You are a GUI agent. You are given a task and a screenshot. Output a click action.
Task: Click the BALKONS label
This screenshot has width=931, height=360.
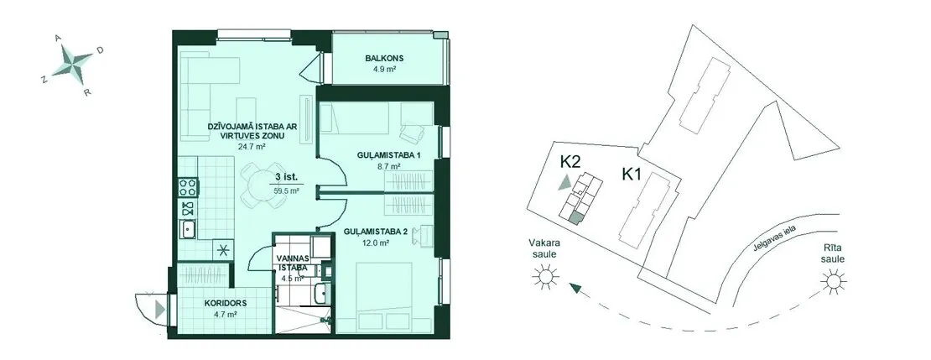point(384,58)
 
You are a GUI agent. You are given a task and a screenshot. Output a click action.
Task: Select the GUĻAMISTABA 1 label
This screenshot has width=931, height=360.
point(381,155)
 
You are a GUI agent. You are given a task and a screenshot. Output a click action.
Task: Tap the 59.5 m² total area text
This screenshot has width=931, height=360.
point(286,191)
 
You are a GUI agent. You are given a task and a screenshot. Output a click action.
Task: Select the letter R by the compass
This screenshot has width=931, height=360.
point(86,92)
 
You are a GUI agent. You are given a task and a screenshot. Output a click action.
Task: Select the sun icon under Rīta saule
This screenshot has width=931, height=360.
point(833,281)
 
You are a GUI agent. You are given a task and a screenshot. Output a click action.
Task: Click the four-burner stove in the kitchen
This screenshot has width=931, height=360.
point(188,187)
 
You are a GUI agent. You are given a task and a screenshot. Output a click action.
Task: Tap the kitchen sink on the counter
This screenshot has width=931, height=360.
point(189,229)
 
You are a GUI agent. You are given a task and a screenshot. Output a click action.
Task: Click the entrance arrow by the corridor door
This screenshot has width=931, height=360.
point(159,309)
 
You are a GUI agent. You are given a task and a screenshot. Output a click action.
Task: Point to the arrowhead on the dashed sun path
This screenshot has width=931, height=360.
point(575,289)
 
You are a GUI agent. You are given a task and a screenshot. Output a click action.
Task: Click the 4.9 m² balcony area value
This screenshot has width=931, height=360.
point(384,69)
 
